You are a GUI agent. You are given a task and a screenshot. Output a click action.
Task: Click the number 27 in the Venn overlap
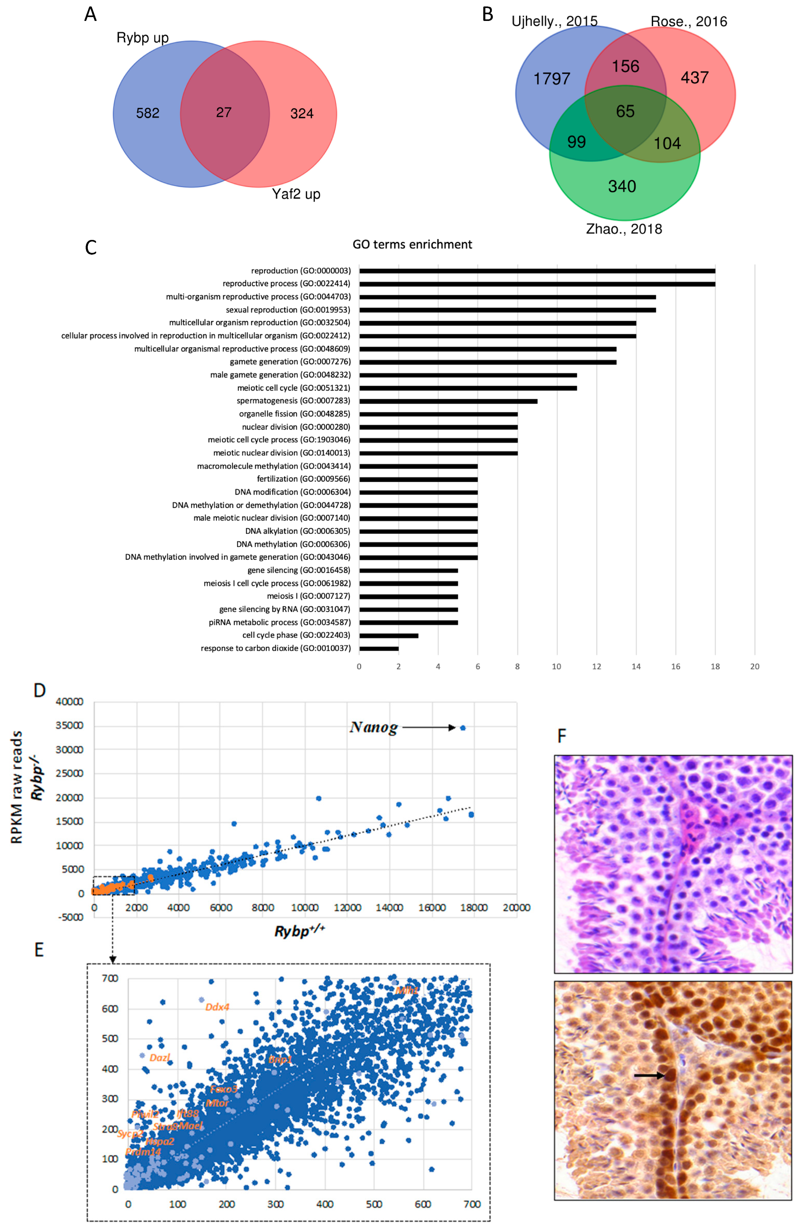224,112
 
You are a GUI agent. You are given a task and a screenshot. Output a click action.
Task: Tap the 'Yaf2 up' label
296,194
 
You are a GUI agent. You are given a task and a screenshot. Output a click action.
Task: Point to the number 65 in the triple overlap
625,111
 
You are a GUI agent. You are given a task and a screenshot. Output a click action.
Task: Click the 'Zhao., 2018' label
623,229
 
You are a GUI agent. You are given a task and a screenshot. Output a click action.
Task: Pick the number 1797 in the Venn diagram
552,79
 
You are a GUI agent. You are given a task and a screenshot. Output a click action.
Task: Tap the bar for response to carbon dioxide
379,648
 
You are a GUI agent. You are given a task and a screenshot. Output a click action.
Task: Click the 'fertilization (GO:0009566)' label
303,479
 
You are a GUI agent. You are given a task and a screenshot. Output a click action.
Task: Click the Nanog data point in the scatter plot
463,728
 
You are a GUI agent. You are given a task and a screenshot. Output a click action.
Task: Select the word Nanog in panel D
374,727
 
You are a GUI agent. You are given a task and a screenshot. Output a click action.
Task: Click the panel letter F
561,736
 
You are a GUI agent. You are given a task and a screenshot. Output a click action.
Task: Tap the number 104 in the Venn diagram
667,143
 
